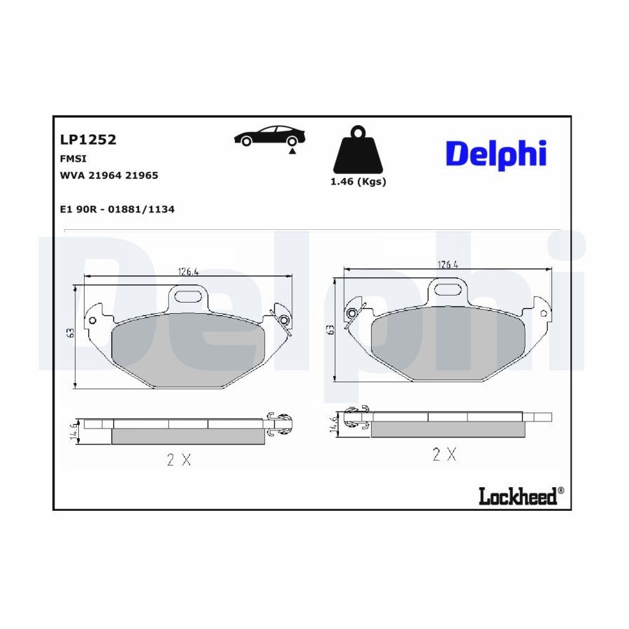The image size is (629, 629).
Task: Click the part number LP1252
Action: [88, 140]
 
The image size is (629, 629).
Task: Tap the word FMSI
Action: [73, 159]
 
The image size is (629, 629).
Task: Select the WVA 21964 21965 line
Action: [109, 175]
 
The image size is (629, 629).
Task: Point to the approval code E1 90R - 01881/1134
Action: [117, 209]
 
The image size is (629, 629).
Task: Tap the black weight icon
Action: [358, 150]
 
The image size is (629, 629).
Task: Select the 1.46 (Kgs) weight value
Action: [359, 182]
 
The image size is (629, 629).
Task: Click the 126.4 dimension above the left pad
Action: [188, 272]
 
